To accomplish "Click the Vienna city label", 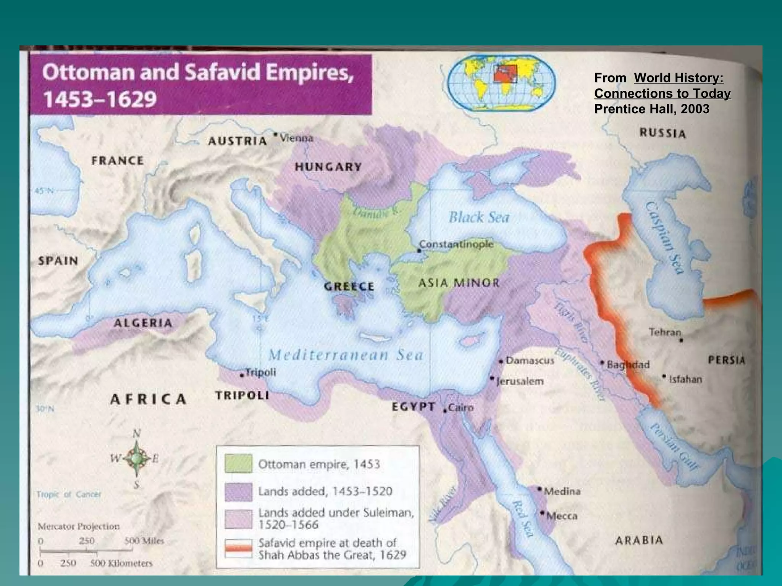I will [x=296, y=138].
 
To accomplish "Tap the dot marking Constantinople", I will [x=419, y=251].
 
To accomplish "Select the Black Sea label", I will [x=479, y=217].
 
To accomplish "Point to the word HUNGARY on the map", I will [x=328, y=167].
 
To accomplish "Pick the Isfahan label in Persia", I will [x=685, y=379].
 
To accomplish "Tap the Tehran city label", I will [x=665, y=332].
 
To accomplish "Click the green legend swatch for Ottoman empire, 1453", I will [x=238, y=464].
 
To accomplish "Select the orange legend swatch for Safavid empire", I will [x=238, y=548].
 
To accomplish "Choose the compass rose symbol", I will [x=136, y=459].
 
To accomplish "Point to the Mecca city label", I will [x=562, y=516].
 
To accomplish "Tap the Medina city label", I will [x=562, y=491].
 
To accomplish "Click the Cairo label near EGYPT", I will [x=461, y=408].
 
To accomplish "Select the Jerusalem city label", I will [x=520, y=381].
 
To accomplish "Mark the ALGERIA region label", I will [x=143, y=323].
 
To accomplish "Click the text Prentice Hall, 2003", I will [x=651, y=109].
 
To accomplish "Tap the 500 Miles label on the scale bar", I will [x=145, y=541].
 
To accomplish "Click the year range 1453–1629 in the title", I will [x=100, y=99].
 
